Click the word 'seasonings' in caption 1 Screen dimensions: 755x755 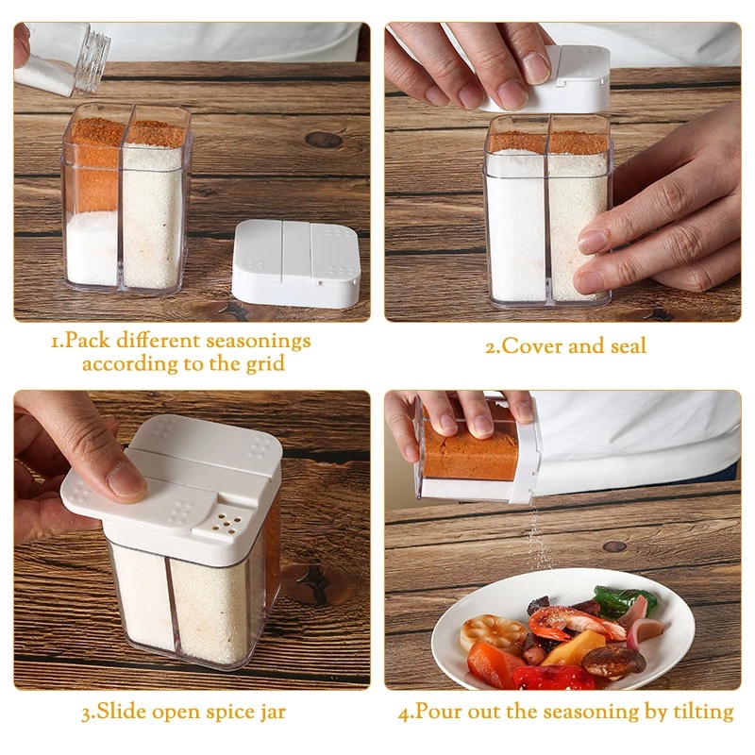tap(259, 342)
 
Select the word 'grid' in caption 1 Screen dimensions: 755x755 tap(265, 364)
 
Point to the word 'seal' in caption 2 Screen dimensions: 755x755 tap(629, 345)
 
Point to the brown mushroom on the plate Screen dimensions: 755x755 tap(612, 663)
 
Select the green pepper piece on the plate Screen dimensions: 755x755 tap(624, 600)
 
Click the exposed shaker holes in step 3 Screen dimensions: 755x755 tap(226, 524)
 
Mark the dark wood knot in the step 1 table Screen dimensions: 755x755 tap(323, 140)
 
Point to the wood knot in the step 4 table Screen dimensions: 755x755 tap(614, 546)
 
